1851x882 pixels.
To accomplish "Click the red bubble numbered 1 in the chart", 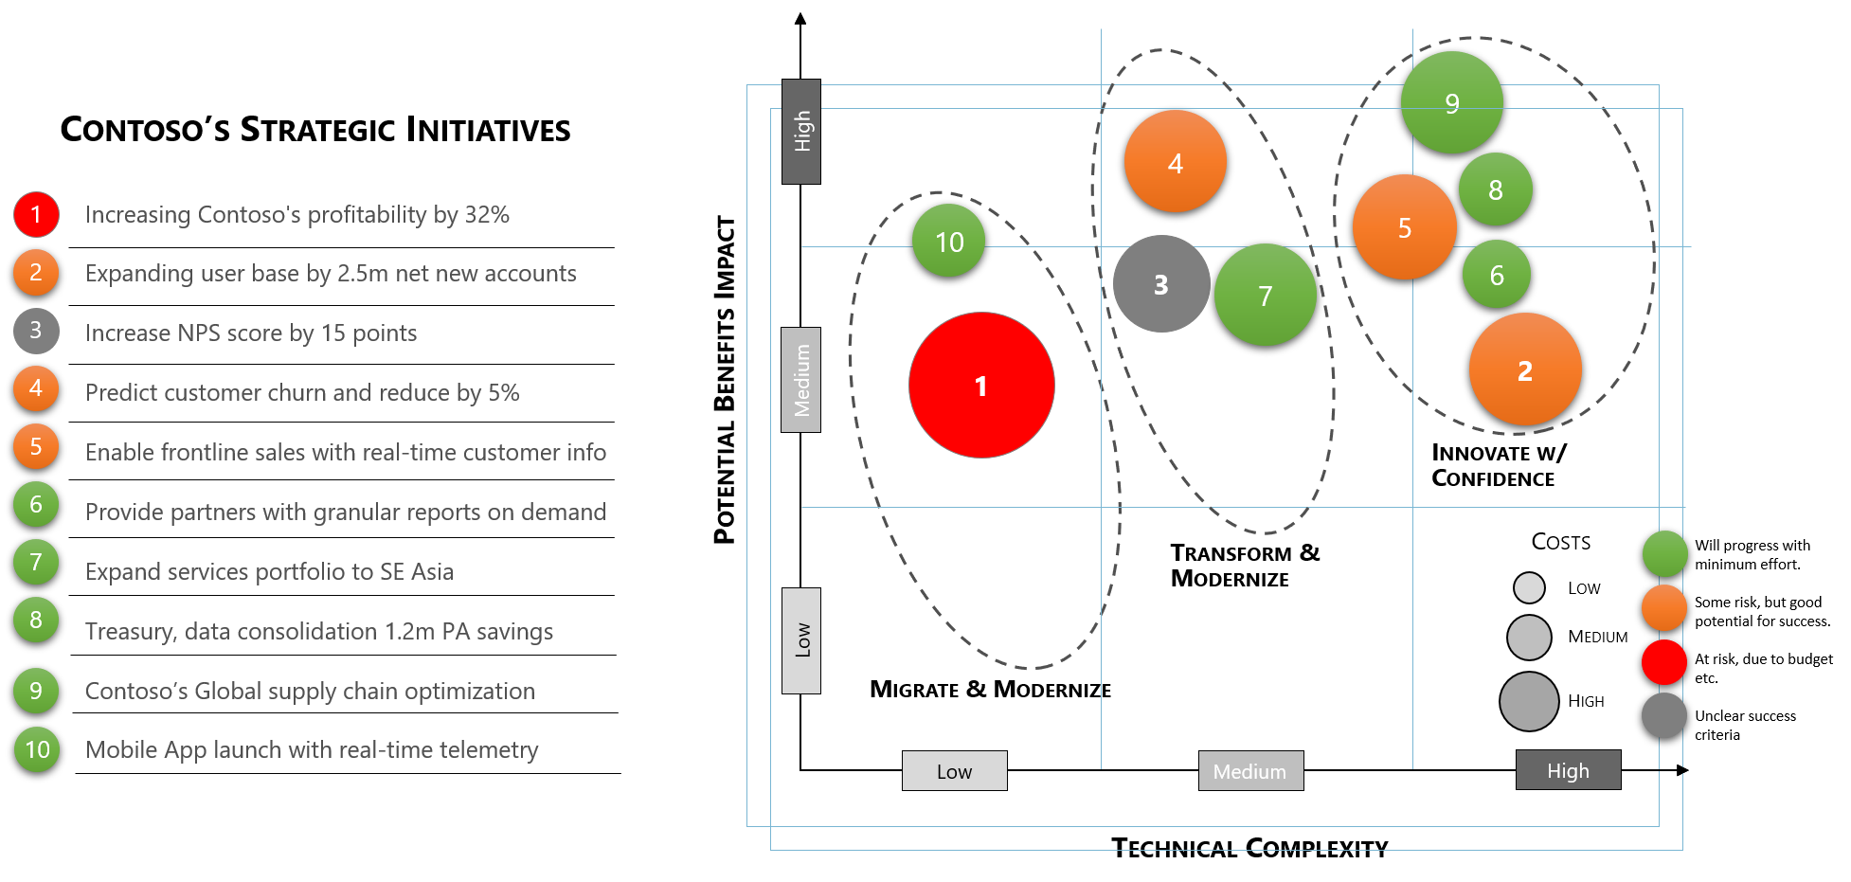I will click(981, 386).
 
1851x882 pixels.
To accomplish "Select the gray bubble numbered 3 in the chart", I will click(1161, 284).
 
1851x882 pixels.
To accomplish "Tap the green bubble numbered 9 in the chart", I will click(1452, 102).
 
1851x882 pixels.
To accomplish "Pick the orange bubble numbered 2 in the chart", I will click(1525, 370).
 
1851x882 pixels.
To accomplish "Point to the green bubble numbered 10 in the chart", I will click(949, 242).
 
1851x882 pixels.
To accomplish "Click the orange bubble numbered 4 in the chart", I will click(1176, 162).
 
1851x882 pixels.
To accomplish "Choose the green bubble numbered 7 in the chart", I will click(1266, 296).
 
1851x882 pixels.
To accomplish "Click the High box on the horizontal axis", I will click(1569, 770).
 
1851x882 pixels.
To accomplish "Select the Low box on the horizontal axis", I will click(954, 771).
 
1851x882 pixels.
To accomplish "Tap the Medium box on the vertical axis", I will click(801, 380).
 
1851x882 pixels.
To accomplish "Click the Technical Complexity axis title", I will click(1249, 848).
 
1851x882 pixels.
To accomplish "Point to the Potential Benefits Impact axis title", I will click(725, 380).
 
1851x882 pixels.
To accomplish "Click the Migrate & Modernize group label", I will click(990, 690).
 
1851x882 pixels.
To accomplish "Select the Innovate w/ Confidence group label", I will click(1499, 465).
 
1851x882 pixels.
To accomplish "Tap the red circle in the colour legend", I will click(1664, 662).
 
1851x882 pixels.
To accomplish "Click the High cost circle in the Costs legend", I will click(1529, 702).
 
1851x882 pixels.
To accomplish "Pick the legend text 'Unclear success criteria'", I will click(1745, 725).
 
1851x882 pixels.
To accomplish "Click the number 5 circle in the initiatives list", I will click(36, 447).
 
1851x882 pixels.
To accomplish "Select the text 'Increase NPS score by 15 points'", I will click(251, 333).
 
